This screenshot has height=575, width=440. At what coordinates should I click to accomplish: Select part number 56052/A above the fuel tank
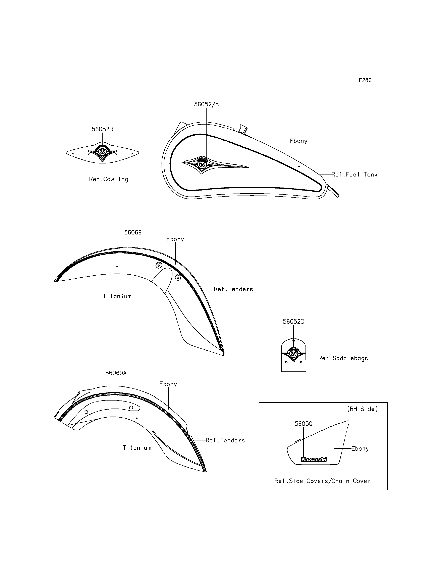[x=206, y=104]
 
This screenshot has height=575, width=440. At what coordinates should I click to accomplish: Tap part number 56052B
[x=102, y=129]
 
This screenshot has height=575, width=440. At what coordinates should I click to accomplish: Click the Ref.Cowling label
[x=109, y=179]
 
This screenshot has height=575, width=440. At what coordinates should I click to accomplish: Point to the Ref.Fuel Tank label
[x=354, y=174]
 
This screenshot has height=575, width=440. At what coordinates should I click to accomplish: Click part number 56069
[x=133, y=232]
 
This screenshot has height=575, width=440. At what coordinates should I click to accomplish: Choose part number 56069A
[x=116, y=373]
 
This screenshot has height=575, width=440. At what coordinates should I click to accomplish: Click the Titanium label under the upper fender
[x=117, y=296]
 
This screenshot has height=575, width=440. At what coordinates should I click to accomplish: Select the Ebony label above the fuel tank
[x=298, y=141]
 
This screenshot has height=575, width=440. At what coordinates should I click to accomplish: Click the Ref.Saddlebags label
[x=343, y=358]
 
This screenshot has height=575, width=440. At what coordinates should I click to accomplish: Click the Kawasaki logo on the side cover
[x=314, y=459]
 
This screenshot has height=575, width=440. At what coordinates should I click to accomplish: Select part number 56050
[x=303, y=424]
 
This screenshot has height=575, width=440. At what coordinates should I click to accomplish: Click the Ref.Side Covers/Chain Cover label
[x=322, y=481]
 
